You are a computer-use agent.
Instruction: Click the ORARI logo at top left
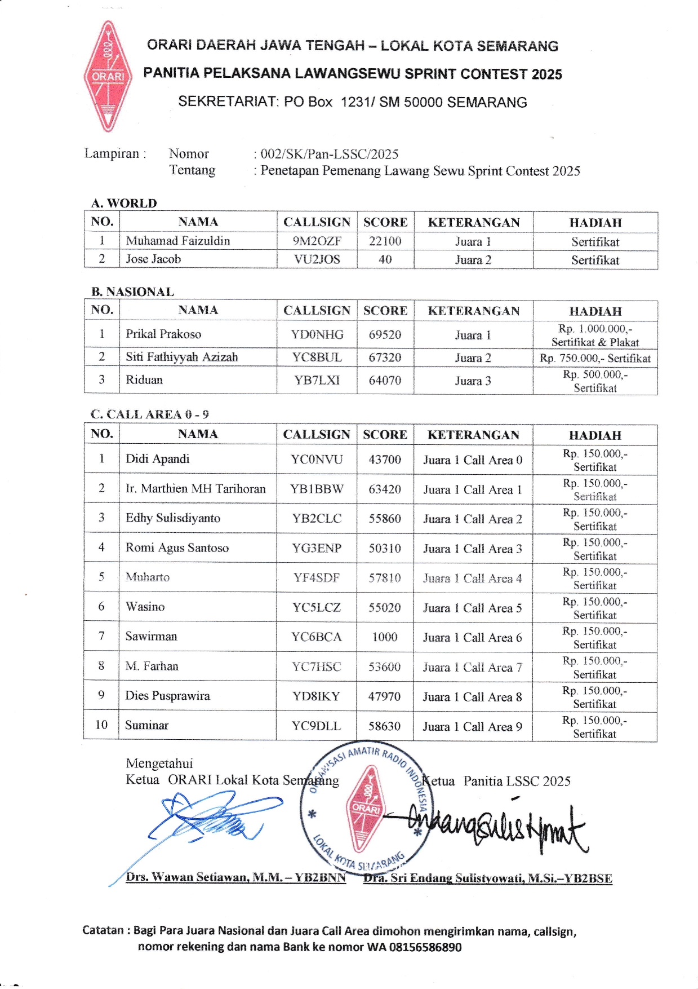108,76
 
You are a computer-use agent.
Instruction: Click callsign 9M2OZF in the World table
317,241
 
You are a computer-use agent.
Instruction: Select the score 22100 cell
385,241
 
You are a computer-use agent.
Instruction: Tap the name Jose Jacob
153,259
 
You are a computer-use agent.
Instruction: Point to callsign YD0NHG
317,334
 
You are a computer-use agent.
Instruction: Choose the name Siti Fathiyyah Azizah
181,357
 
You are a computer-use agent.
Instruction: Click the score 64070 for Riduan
385,381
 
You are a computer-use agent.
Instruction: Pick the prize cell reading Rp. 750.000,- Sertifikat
595,358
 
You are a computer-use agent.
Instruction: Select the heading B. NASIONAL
132,292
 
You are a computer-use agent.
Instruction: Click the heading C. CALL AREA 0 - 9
149,414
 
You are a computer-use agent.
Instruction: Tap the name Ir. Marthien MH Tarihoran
195,489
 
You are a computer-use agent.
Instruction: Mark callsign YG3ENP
317,548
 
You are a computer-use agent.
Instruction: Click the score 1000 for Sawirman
385,637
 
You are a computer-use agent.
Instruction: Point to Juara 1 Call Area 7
473,667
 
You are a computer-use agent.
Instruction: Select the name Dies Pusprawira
167,696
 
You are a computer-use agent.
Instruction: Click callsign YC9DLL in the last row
316,726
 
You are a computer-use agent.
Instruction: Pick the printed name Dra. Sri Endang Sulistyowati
487,878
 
